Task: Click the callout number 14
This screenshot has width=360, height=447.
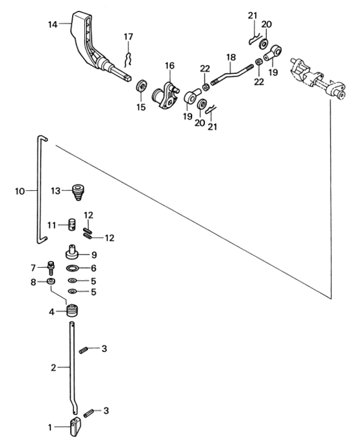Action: (53, 24)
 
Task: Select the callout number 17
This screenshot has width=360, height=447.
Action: (129, 37)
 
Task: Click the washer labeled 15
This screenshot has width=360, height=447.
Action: (141, 86)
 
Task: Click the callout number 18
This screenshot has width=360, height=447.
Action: (231, 57)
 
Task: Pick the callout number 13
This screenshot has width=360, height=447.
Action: (56, 191)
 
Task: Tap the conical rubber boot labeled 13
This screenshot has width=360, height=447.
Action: (78, 192)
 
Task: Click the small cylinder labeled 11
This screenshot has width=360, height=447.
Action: (72, 225)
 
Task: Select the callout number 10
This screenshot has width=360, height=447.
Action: (20, 191)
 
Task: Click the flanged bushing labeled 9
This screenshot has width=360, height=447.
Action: (73, 252)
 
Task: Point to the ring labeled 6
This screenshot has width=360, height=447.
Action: (72, 268)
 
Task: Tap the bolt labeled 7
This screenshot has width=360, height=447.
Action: (51, 268)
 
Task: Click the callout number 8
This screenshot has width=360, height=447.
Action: (33, 282)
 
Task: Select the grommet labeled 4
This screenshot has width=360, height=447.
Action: (73, 310)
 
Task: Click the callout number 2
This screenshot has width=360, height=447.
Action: (53, 368)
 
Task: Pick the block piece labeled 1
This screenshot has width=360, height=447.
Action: (75, 426)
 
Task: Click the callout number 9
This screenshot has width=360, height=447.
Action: (94, 255)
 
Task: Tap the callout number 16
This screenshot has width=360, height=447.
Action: (170, 66)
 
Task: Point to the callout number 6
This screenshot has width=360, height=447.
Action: (94, 268)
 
